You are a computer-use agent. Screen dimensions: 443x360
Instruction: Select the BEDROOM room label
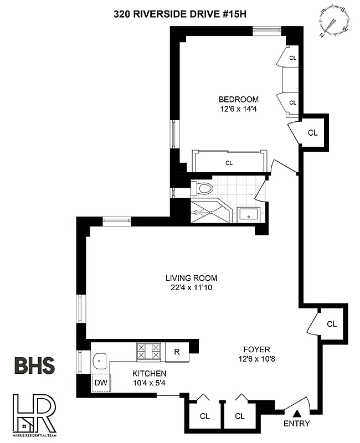[x=238, y=100]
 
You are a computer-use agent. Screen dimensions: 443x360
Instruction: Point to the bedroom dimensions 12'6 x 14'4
[x=238, y=109]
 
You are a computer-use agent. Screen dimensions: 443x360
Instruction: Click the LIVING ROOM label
[x=191, y=278]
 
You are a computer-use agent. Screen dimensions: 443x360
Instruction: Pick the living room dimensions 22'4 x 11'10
[x=191, y=287]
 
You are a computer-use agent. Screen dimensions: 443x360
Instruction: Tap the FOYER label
[x=256, y=349]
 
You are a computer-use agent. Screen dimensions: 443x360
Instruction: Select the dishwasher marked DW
[x=101, y=382]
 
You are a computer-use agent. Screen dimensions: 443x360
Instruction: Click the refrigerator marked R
[x=177, y=351]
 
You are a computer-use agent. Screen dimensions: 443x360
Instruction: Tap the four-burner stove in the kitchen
[x=149, y=351]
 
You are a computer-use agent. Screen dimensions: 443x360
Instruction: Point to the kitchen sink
[x=100, y=361]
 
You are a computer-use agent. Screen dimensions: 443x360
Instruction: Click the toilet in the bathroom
[x=204, y=188]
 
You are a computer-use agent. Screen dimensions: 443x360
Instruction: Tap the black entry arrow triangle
[x=296, y=413]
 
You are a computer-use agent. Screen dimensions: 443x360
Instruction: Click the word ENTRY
[x=296, y=424]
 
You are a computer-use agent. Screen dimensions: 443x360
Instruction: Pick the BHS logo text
[x=34, y=366]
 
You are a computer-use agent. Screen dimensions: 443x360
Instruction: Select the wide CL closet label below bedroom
[x=229, y=163]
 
